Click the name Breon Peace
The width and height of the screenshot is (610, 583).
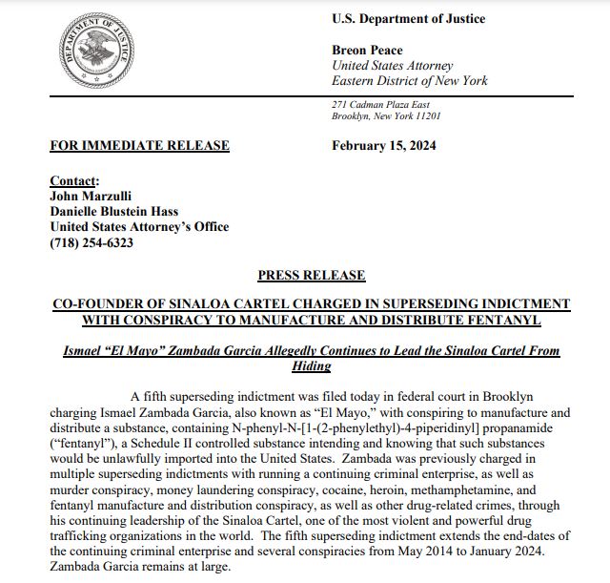(x=367, y=50)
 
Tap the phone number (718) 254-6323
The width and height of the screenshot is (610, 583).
(x=91, y=242)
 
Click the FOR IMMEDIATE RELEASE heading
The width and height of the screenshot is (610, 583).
(x=139, y=145)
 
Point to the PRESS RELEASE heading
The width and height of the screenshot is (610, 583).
(x=311, y=275)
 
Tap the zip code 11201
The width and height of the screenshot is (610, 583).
(x=425, y=115)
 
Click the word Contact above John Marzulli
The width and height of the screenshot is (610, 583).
(x=73, y=181)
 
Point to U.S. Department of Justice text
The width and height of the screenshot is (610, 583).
(x=408, y=19)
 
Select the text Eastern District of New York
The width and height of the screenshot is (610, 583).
(x=409, y=80)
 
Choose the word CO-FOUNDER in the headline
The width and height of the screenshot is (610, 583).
(x=96, y=302)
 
